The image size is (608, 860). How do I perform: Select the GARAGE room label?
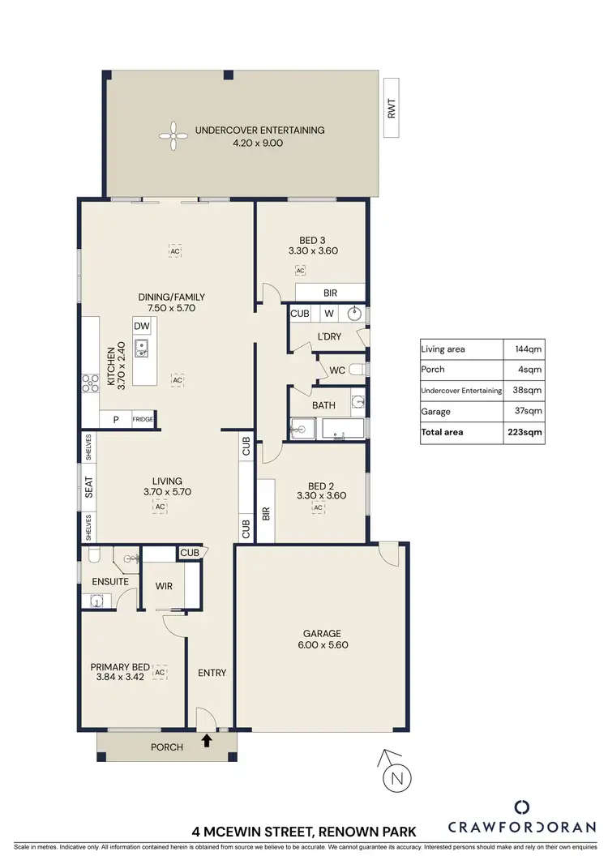pos(322,634)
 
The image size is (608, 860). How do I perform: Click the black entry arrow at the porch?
pos(207,739)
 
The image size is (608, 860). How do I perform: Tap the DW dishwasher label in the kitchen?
pos(142,326)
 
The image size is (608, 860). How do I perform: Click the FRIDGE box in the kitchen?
pos(143,419)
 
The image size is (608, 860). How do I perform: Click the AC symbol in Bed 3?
pos(300,270)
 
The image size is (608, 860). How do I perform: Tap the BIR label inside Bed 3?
pos(330,293)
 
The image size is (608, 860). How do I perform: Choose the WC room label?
pos(338,371)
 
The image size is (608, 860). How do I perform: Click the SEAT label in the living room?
pos(89,486)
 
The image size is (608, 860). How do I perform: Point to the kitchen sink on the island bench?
pos(141,349)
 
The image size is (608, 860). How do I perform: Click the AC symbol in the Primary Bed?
pos(160,673)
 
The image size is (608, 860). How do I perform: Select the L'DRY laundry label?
pos(328,336)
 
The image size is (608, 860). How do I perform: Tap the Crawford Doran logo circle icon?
pos(523,807)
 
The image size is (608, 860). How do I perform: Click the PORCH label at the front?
pos(168,747)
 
